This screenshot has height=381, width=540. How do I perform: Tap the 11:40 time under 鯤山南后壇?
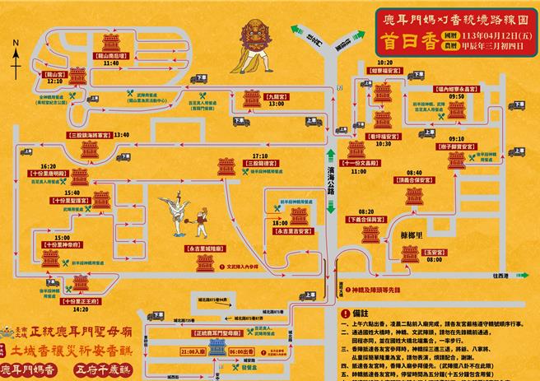point(112,63)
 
